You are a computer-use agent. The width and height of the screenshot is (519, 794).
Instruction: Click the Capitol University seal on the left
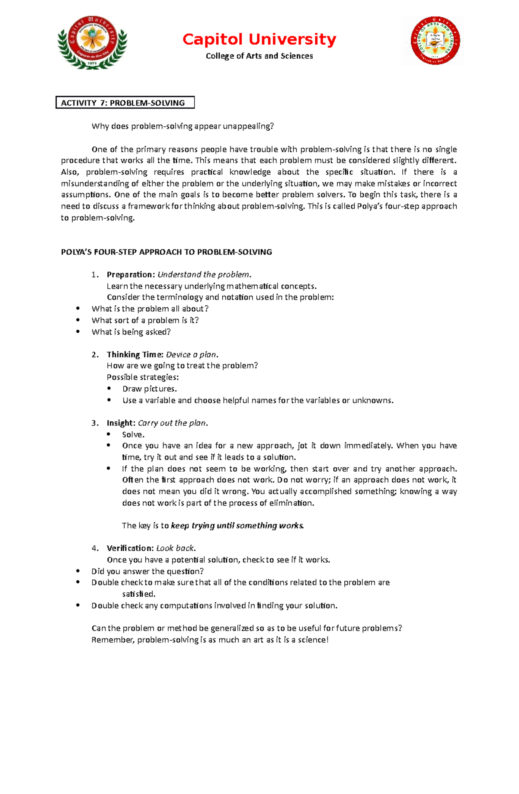pos(92,42)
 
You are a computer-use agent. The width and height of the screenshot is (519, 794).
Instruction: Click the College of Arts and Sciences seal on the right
pos(435,41)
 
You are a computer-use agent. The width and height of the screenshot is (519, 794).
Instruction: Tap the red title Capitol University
pos(259,39)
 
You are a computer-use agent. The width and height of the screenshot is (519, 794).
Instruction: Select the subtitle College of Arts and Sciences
pos(259,56)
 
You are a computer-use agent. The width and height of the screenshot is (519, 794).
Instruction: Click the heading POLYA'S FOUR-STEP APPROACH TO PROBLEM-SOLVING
pos(167,252)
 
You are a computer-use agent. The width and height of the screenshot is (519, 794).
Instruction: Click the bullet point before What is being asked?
pos(78,332)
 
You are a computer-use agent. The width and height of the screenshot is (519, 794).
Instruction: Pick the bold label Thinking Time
pos(135,355)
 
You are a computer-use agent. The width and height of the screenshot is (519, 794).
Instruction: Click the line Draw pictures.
pos(149,389)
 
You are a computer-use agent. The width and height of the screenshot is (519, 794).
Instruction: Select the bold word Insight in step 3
pos(121,423)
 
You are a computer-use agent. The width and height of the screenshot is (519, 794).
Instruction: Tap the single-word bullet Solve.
pos(133,435)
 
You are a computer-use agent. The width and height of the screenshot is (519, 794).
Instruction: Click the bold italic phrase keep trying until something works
pos(237,526)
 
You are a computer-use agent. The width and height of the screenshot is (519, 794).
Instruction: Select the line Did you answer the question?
pos(147,571)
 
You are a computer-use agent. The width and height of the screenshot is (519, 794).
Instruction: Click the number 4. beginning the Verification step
pos(95,548)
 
